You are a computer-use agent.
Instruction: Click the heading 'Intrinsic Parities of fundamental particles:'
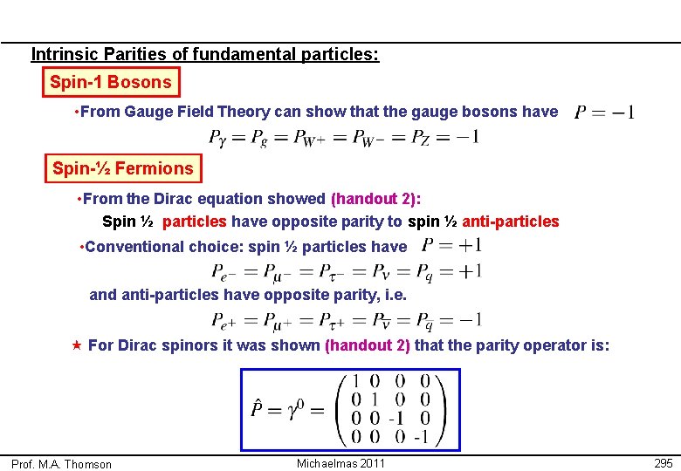[205, 54]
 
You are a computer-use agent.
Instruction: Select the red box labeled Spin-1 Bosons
[111, 83]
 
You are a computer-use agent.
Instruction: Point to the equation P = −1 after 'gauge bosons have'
[604, 112]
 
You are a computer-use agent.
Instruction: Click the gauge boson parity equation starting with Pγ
[344, 138]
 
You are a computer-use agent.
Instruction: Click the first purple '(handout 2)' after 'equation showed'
[382, 199]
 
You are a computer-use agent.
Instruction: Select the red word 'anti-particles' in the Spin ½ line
[511, 222]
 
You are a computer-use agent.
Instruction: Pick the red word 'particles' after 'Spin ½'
[195, 222]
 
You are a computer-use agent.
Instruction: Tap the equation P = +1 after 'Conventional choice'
[451, 246]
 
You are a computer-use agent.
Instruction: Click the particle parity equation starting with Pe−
[346, 271]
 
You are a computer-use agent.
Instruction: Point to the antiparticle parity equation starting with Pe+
[346, 320]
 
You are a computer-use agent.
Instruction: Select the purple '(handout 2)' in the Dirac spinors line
[368, 345]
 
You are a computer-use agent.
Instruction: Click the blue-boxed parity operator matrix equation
[350, 409]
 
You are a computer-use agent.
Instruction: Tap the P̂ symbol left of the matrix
[259, 408]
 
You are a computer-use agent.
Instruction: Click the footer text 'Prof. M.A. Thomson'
[61, 464]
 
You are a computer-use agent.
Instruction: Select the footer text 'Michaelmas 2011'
[340, 463]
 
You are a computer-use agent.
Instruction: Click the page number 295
[663, 463]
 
